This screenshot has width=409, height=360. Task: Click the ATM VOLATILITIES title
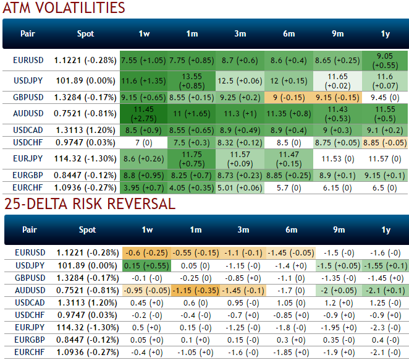click(x=64, y=9)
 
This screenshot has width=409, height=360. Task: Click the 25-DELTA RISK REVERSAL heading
click(x=90, y=204)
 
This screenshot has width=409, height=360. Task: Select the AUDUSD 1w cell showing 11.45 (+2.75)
click(x=144, y=114)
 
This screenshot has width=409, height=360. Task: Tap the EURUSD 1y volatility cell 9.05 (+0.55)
click(x=386, y=60)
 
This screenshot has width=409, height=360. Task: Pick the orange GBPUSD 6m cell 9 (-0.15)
click(x=289, y=97)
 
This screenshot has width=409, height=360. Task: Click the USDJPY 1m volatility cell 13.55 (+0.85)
click(x=193, y=81)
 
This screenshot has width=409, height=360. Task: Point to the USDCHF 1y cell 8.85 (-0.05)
click(x=386, y=142)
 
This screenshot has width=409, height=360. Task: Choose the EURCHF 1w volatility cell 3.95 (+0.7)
click(x=144, y=186)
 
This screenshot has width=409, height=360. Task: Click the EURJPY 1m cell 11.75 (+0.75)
click(x=193, y=159)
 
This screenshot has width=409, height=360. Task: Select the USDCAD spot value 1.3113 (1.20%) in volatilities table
click(x=86, y=130)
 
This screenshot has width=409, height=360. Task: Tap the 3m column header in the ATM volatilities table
click(x=241, y=34)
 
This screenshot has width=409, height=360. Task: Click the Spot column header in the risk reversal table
click(x=88, y=230)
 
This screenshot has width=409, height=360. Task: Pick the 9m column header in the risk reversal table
click(x=339, y=230)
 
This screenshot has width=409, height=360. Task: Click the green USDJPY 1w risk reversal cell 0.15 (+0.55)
click(x=144, y=265)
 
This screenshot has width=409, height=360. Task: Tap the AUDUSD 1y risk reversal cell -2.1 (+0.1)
click(x=386, y=289)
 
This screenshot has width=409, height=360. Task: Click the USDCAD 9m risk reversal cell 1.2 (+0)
click(x=339, y=302)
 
